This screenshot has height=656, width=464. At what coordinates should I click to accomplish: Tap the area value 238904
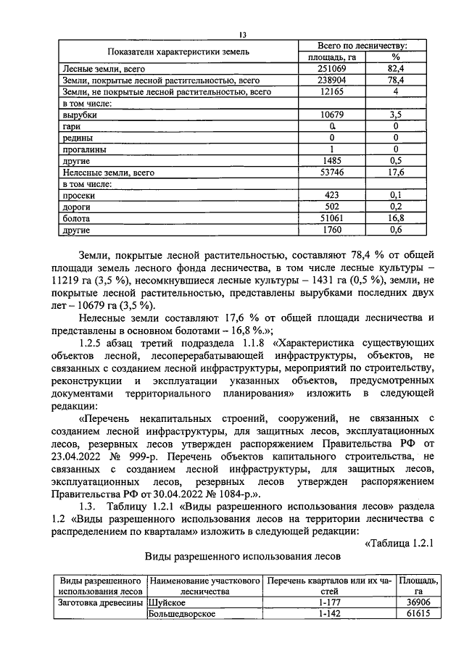pos(331,80)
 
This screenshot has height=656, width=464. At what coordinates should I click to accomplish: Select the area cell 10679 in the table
pos(331,115)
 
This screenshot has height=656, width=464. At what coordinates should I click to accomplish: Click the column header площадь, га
pos(331,57)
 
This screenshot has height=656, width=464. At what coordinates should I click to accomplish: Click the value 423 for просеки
pos(331,195)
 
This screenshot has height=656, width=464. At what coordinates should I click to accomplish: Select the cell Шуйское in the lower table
pos(165,602)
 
